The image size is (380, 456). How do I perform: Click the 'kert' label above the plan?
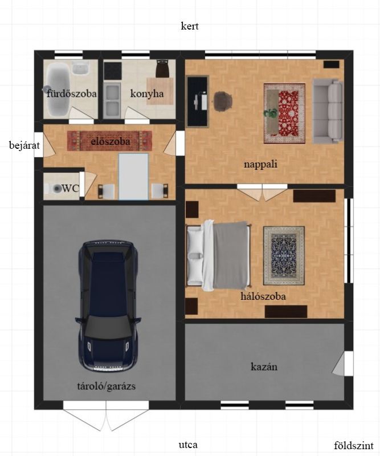[190, 26]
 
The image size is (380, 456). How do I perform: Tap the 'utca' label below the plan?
[188, 445]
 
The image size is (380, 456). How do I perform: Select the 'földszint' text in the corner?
[353, 445]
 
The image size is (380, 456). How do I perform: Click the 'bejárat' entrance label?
[24, 145]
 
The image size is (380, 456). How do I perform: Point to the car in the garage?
[108, 306]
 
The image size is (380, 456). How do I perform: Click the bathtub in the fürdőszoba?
[58, 89]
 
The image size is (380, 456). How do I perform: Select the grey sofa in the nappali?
[328, 111]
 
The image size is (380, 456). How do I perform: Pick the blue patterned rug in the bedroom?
[284, 256]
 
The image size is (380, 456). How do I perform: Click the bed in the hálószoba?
[219, 256]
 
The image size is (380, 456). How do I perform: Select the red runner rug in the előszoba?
[109, 141]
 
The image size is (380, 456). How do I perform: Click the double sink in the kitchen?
[112, 100]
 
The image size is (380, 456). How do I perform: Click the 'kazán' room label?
[264, 367]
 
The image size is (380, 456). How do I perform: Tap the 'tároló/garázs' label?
[107, 386]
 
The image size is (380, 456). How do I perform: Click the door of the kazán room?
[342, 364]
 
